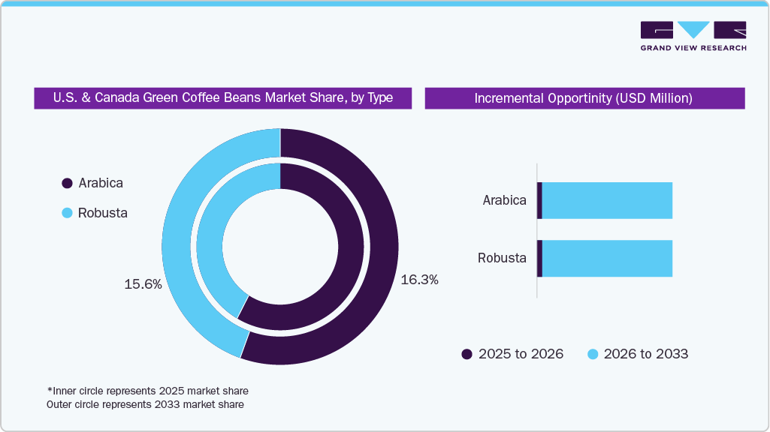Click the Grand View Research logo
[693, 36]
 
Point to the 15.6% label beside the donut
[143, 284]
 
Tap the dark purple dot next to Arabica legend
[67, 183]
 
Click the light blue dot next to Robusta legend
[67, 213]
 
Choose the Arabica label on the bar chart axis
[504, 200]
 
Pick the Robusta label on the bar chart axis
[502, 258]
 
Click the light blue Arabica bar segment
[607, 200]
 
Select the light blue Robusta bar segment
[607, 258]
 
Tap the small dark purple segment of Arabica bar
[539, 200]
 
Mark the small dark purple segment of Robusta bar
[539, 258]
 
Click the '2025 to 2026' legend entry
[512, 354]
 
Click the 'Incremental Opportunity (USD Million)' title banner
[584, 98]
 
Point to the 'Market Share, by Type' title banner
[222, 97]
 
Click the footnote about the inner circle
[147, 391]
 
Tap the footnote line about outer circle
[145, 404]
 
